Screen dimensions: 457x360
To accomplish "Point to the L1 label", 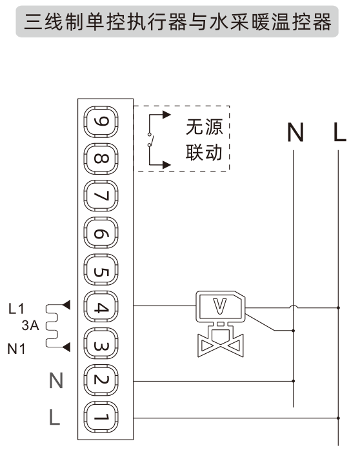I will point(17,309).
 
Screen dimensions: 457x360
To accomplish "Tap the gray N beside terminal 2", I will point(56,382).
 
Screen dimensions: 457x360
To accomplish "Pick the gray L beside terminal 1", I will point(56,418).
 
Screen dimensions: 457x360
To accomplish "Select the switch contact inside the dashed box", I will point(151,140).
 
